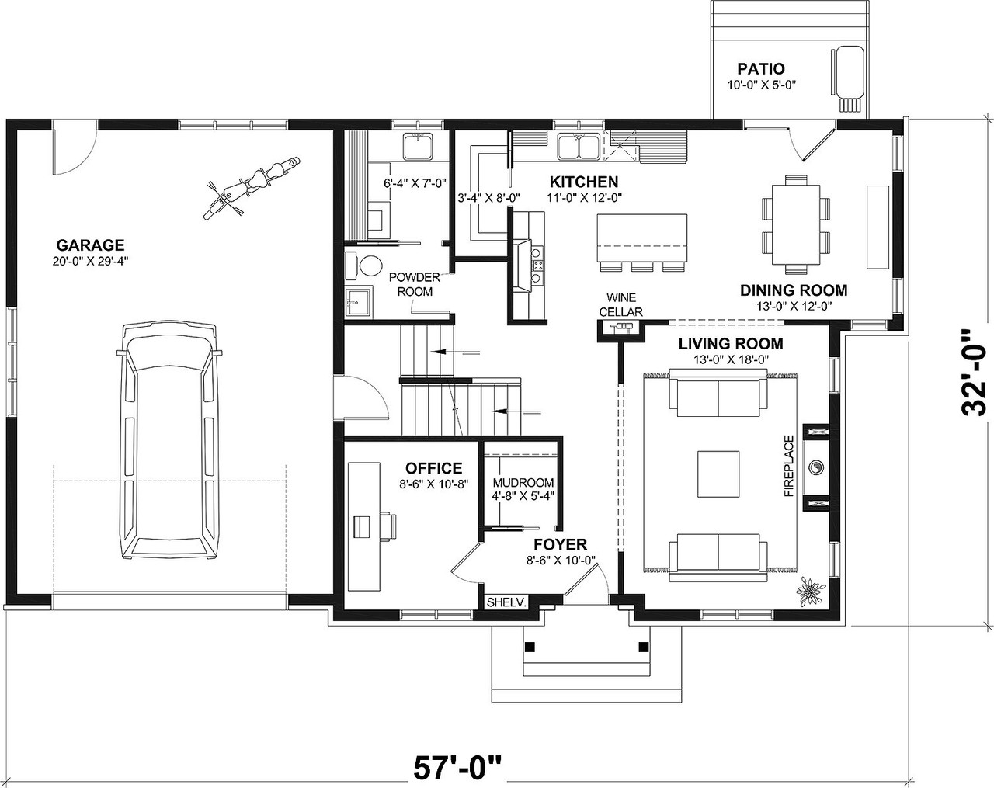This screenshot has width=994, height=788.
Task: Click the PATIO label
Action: [x=760, y=69]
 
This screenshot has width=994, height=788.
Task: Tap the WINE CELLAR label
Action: [x=624, y=304]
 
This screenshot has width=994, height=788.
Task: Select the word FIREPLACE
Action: [x=789, y=466]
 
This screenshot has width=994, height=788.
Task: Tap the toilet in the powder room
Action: [x=367, y=264]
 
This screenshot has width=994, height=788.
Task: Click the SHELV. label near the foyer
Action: [x=507, y=602]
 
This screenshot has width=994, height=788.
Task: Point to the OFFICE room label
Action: [x=433, y=468]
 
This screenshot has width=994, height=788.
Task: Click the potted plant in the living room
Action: [x=811, y=592]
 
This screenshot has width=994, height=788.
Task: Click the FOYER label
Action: [x=560, y=544]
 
